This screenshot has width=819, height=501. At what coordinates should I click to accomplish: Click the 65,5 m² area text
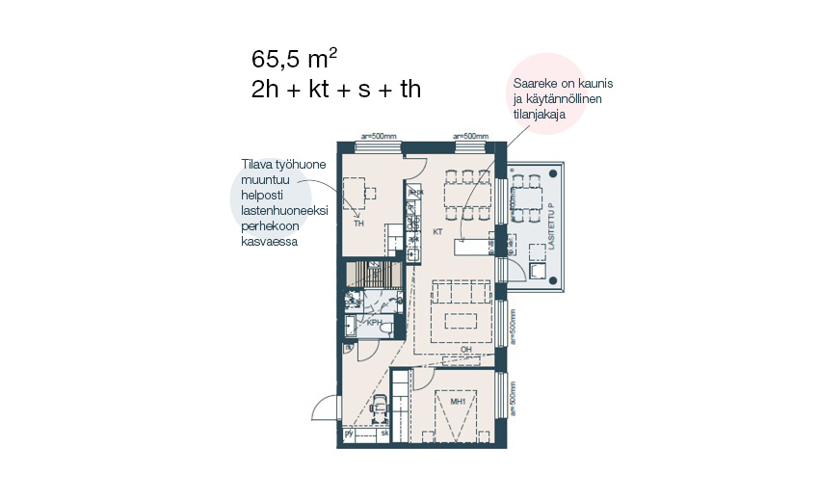click(x=295, y=57)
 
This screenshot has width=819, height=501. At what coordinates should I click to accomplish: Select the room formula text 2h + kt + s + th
click(x=335, y=90)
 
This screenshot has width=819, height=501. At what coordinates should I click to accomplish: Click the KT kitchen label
click(x=436, y=232)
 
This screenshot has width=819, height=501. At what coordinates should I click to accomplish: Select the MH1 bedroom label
click(x=459, y=401)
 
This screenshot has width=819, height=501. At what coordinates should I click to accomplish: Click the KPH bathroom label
click(x=375, y=323)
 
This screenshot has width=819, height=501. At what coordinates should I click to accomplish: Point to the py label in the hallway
click(x=349, y=434)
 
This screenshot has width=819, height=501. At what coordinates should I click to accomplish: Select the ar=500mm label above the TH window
click(x=379, y=136)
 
